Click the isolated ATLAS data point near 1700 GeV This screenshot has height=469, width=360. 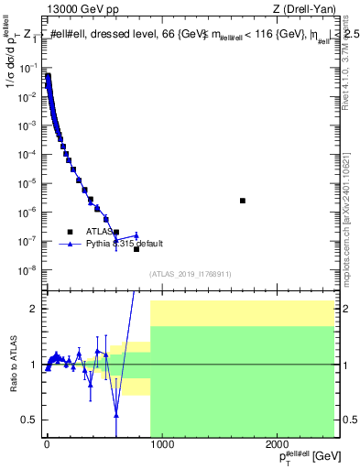point(243,201)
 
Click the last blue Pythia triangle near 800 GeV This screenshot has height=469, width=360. point(136,235)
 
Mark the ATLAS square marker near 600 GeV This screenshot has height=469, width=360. point(116,233)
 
